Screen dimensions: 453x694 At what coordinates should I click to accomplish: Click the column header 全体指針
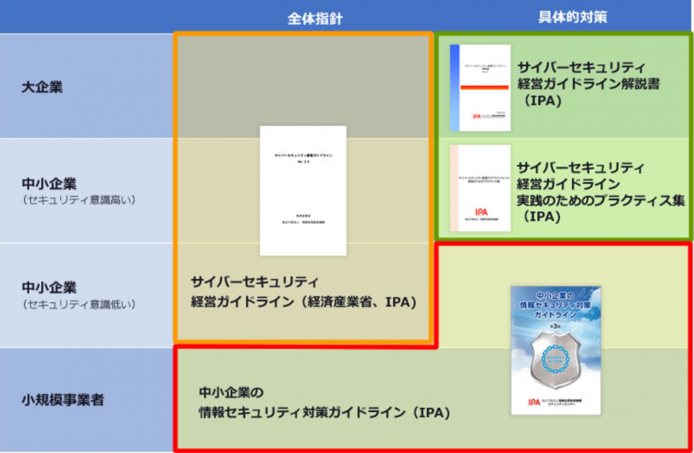coord(315,19)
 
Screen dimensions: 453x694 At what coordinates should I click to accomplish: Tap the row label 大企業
coord(42,87)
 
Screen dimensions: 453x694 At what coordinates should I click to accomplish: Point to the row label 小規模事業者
coord(63,399)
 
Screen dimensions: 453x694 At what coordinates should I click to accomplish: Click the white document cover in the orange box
coord(303,190)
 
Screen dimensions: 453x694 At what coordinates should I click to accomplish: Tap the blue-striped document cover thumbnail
coord(481,87)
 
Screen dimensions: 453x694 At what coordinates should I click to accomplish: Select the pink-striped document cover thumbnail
coord(481,188)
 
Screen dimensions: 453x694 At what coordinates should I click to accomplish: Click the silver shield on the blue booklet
coord(556,361)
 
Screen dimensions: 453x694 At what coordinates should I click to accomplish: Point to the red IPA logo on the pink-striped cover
coord(481,212)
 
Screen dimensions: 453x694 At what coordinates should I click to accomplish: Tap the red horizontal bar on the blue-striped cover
coord(484,87)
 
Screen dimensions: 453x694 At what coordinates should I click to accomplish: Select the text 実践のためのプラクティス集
coord(600,201)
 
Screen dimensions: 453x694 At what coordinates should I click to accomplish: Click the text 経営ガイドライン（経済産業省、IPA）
coord(304,302)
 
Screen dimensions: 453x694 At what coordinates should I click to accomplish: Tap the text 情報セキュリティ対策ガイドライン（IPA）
coord(324,413)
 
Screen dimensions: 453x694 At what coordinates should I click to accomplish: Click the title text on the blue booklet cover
coord(556,304)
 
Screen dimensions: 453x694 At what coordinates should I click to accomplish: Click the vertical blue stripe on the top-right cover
coord(455,87)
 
